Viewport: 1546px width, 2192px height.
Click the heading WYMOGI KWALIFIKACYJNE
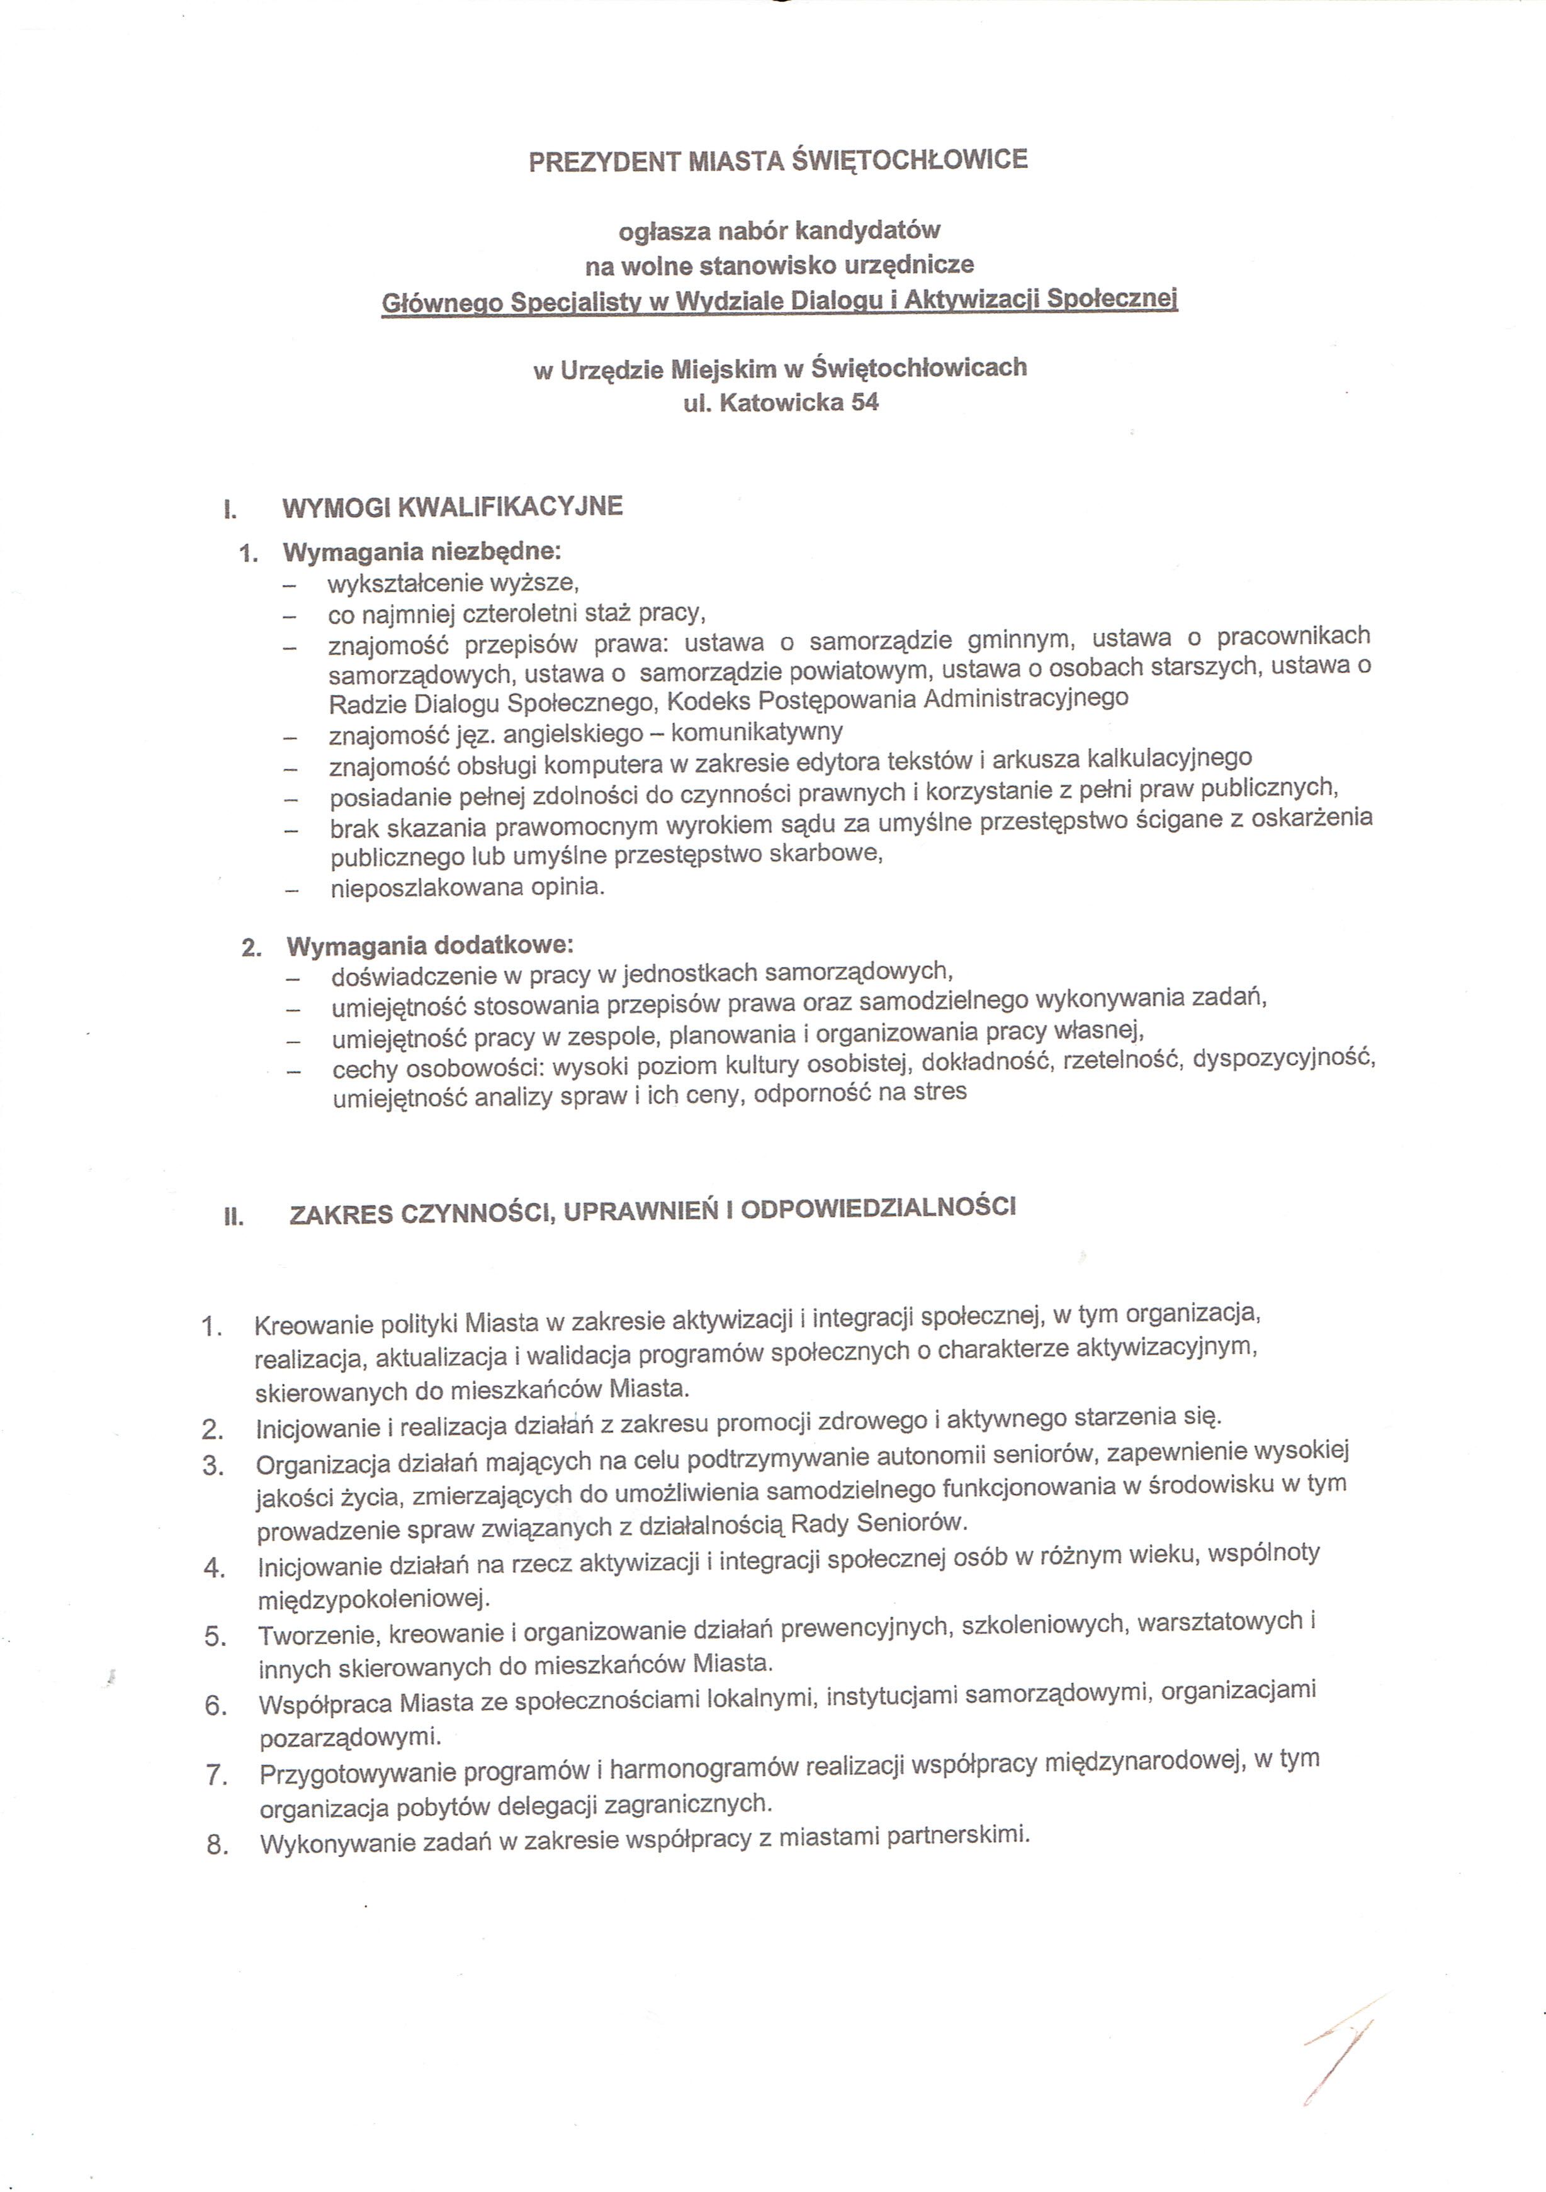(x=453, y=506)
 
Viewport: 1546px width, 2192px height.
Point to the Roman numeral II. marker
(x=233, y=1217)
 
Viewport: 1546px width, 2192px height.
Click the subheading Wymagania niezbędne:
(x=422, y=552)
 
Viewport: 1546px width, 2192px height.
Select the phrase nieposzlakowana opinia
(x=468, y=887)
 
